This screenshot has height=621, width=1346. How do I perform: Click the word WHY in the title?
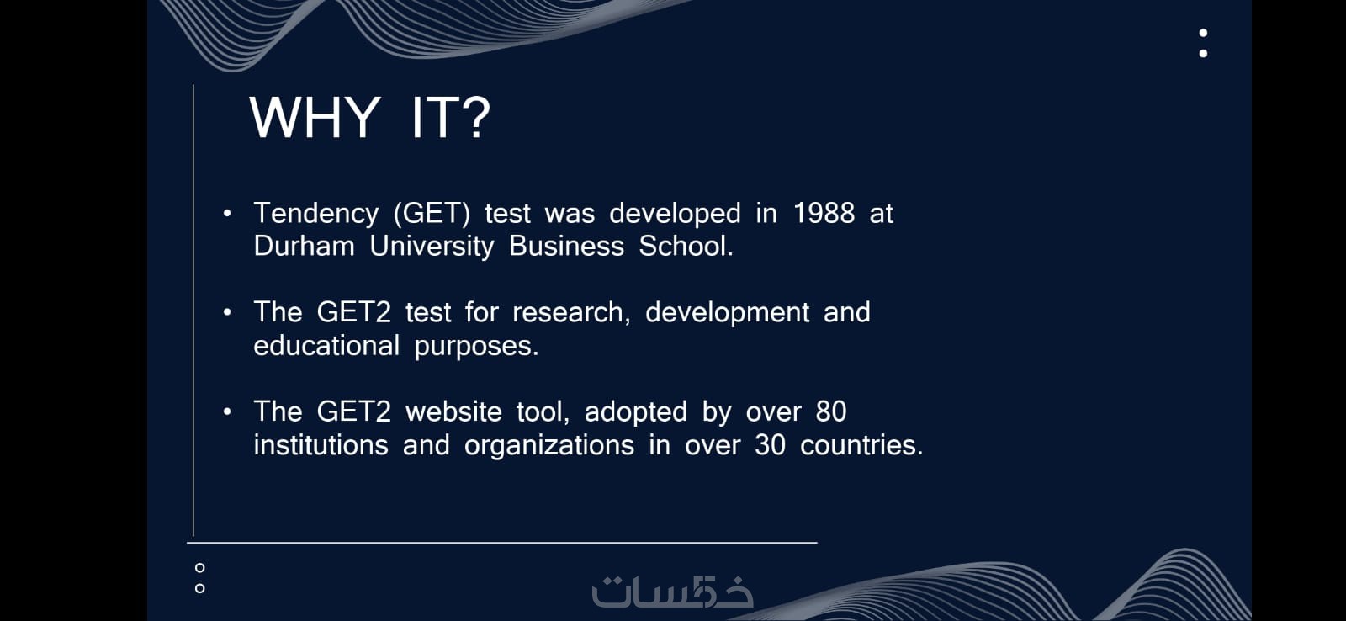click(315, 118)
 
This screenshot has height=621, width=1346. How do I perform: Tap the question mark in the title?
click(477, 118)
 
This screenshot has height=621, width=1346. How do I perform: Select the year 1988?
click(824, 214)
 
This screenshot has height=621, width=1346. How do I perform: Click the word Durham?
click(304, 247)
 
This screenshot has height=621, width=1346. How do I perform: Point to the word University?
click(432, 247)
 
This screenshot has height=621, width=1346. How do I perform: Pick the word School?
click(686, 247)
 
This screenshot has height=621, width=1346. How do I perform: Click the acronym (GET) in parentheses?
click(432, 214)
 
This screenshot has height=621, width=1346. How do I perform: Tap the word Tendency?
click(316, 215)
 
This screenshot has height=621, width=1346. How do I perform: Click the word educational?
click(326, 347)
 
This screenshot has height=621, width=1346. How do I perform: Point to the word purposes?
click(476, 348)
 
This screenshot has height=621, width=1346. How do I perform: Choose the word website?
click(453, 412)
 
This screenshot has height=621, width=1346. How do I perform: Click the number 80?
click(831, 412)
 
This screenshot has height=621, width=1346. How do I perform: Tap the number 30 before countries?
click(770, 446)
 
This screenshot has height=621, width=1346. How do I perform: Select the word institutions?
click(321, 446)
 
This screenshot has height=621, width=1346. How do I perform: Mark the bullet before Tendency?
click(227, 213)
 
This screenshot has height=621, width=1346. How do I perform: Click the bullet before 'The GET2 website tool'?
click(227, 411)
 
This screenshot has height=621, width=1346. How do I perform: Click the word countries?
click(861, 446)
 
